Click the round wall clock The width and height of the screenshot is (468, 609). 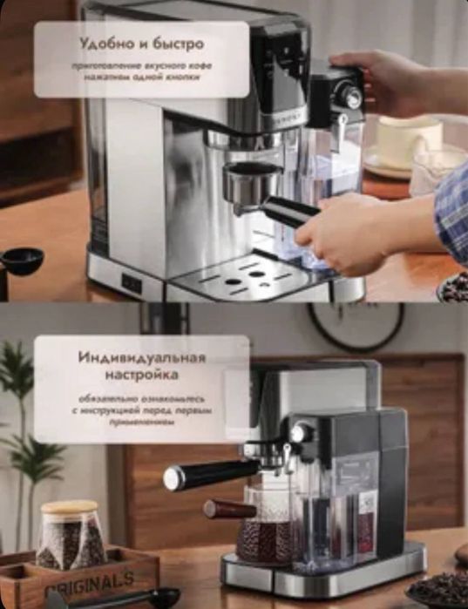click(355, 327)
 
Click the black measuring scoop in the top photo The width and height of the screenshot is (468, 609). click(22, 260)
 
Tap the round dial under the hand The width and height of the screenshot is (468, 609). click(351, 98)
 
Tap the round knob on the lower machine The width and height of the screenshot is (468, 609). click(301, 433)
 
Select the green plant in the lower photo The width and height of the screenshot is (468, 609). click(26, 418)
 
